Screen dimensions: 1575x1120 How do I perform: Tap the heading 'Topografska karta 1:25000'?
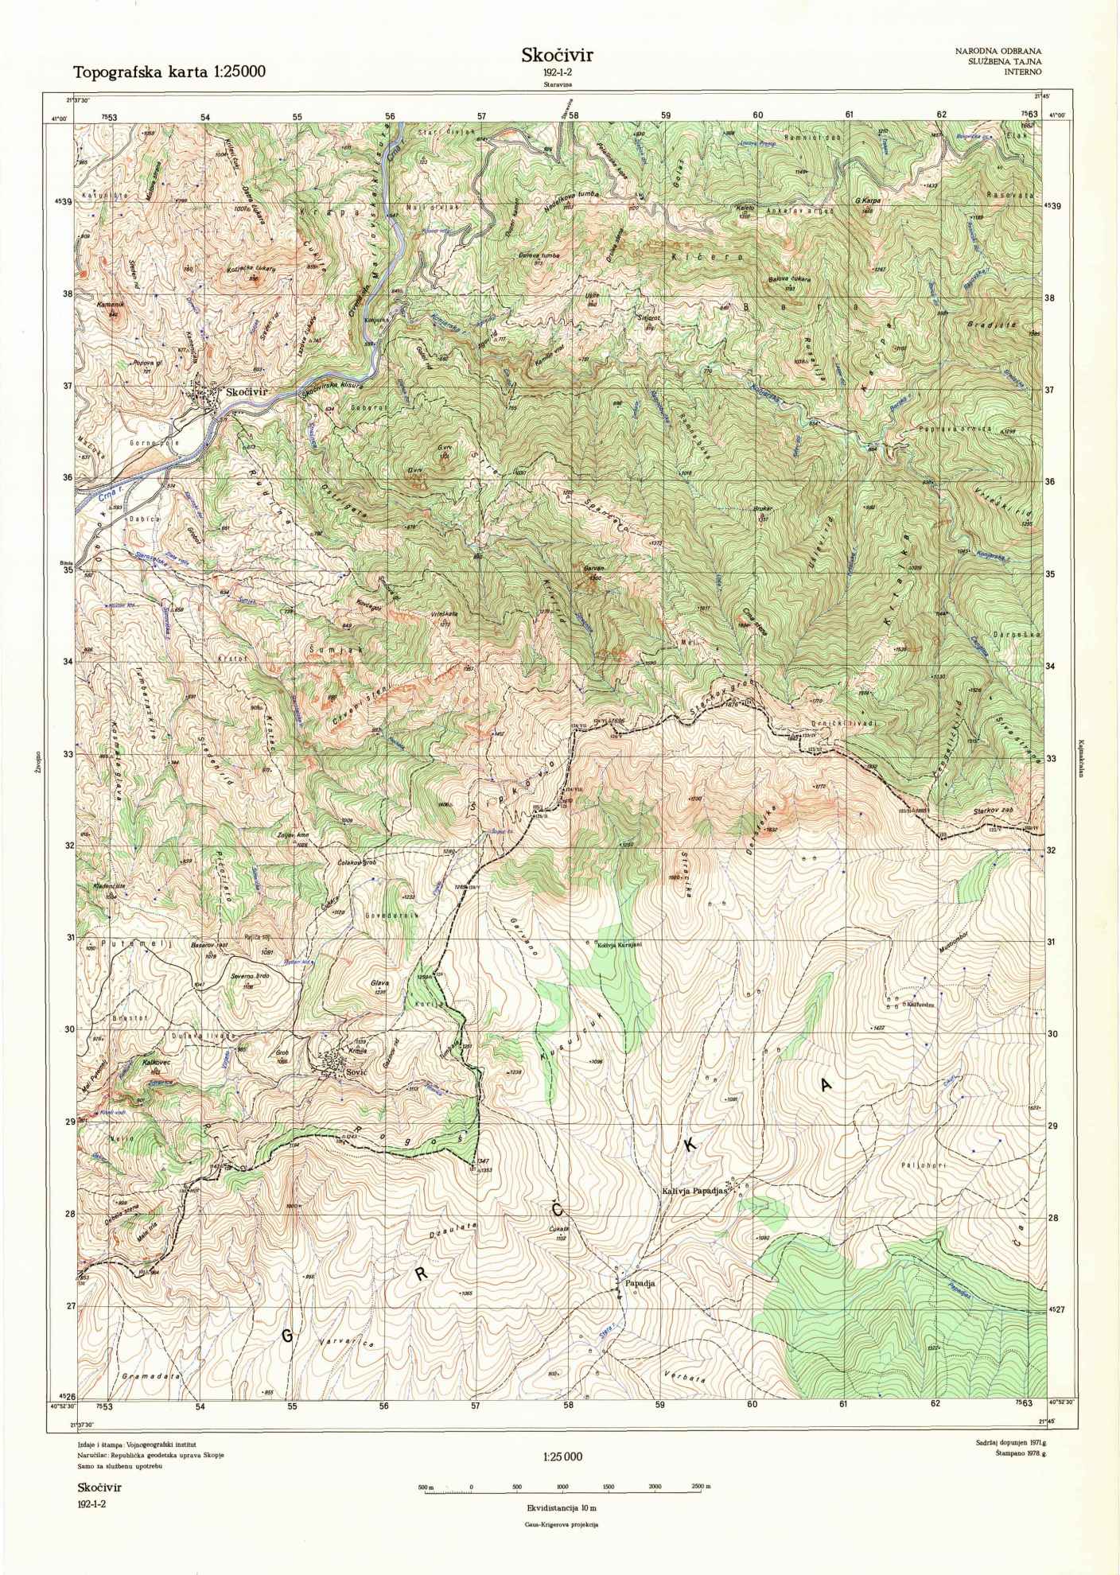(169, 72)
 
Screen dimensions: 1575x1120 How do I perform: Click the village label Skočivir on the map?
(249, 392)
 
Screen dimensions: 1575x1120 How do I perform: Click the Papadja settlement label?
(639, 1293)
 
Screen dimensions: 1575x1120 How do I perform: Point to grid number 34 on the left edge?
(68, 661)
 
